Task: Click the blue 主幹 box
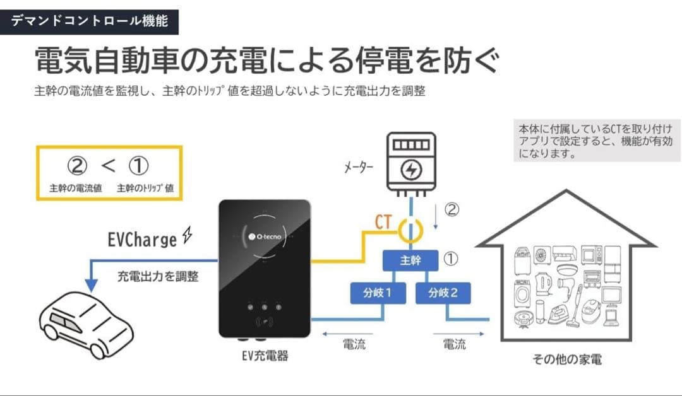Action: [x=410, y=260]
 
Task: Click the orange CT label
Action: [x=383, y=222]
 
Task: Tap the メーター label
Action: [x=358, y=168]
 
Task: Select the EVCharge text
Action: [x=143, y=240]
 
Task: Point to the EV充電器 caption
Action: [x=265, y=356]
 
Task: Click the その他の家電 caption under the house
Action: [x=566, y=359]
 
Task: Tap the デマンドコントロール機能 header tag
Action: [x=89, y=21]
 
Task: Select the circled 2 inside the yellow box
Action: [x=76, y=166]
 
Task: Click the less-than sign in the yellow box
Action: [x=108, y=166]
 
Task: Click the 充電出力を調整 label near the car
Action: [x=158, y=276]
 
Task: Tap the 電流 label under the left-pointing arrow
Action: [x=354, y=344]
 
